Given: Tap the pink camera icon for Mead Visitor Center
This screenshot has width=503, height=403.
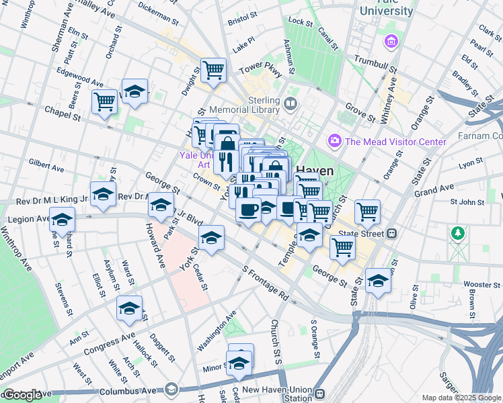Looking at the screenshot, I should pos(333,141).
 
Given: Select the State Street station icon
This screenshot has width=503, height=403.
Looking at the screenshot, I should pos(391,234).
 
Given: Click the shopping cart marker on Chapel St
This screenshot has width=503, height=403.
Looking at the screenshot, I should pos(105,102).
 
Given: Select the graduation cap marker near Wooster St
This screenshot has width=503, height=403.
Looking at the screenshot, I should pos(378,280).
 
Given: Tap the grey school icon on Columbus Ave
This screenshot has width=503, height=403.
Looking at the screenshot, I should pos(171,389).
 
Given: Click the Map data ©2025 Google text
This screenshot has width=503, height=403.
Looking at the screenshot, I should pos(461,398).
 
